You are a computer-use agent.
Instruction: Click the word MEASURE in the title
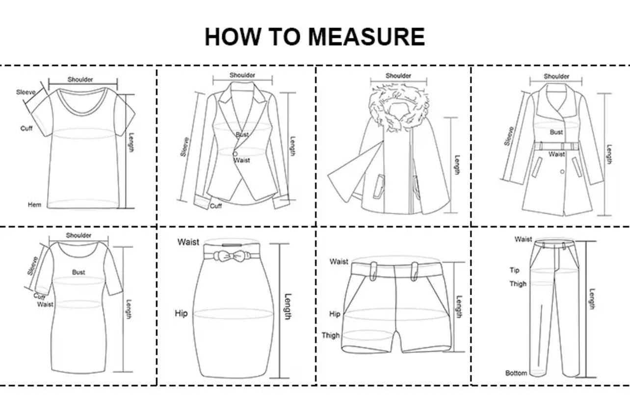pos(367,36)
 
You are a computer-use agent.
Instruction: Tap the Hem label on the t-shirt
pos(35,205)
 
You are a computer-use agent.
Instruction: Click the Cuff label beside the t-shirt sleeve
pos(26,128)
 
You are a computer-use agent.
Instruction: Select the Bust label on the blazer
pos(242,135)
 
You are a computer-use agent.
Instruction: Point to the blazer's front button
pos(235,154)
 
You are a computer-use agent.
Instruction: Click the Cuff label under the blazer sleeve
pos(216,206)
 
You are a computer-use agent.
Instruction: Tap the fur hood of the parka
pos(399,109)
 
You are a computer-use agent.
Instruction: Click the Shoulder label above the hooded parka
pos(398,76)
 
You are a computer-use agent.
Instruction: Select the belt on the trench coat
pos(556,146)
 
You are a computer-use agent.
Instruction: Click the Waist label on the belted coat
pos(556,154)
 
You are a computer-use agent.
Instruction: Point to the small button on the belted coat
pos(562,171)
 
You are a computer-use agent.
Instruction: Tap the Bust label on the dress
pos(79,272)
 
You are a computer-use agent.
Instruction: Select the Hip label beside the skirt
pos(181,313)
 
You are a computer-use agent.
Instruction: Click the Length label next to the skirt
pos(288,307)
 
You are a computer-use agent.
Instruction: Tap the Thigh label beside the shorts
pos(331,336)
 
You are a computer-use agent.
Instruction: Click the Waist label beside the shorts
pos(339,261)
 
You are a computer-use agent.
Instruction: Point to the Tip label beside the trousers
pos(514,270)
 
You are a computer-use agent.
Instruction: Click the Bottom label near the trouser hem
pos(516,373)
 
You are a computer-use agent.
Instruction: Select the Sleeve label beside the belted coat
pos(509,136)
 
